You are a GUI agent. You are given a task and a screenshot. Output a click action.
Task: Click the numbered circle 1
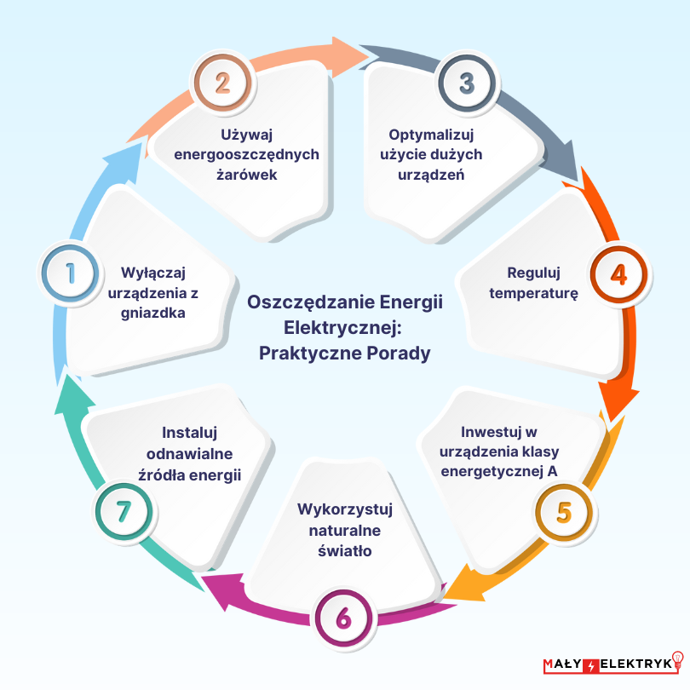pyautogui.click(x=70, y=273)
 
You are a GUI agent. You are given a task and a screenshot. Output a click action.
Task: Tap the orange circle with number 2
pyautogui.click(x=222, y=83)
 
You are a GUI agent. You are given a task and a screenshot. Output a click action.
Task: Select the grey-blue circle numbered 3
pyautogui.click(x=467, y=83)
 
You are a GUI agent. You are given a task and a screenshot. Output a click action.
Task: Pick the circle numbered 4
pyautogui.click(x=618, y=274)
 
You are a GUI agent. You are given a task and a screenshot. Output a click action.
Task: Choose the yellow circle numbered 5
pyautogui.click(x=564, y=513)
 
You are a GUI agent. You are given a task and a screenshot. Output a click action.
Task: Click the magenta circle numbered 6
pyautogui.click(x=343, y=618)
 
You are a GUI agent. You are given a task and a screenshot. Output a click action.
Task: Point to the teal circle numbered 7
pyautogui.click(x=124, y=512)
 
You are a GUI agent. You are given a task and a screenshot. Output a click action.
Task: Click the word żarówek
pyautogui.click(x=247, y=175)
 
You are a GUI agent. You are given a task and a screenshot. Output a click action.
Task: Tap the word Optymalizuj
pyautogui.click(x=431, y=135)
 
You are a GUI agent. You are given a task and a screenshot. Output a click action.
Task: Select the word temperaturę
pyautogui.click(x=534, y=294)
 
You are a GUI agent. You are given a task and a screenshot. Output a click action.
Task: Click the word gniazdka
pyautogui.click(x=153, y=313)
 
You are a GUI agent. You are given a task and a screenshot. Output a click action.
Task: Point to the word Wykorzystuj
pyautogui.click(x=345, y=509)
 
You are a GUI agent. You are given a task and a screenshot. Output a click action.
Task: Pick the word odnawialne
pyautogui.click(x=190, y=454)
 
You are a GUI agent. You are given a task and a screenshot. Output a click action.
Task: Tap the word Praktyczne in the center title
pyautogui.click(x=310, y=354)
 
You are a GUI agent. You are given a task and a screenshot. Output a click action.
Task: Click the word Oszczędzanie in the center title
pyautogui.click(x=311, y=302)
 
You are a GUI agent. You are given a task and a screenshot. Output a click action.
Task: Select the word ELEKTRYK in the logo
pyautogui.click(x=635, y=664)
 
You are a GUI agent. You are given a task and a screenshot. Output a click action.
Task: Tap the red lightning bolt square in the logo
pyautogui.click(x=590, y=665)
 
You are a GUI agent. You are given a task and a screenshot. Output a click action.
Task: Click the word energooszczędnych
pyautogui.click(x=247, y=155)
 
